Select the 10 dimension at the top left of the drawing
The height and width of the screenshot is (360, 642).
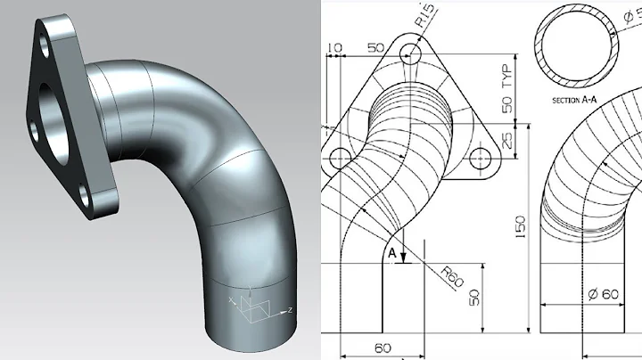point(334,47)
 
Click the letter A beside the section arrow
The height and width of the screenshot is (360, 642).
point(391,251)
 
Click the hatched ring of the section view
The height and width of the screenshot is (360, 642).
point(539,45)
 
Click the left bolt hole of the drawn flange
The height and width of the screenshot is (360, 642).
point(340,160)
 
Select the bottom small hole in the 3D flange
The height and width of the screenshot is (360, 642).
point(82,193)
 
